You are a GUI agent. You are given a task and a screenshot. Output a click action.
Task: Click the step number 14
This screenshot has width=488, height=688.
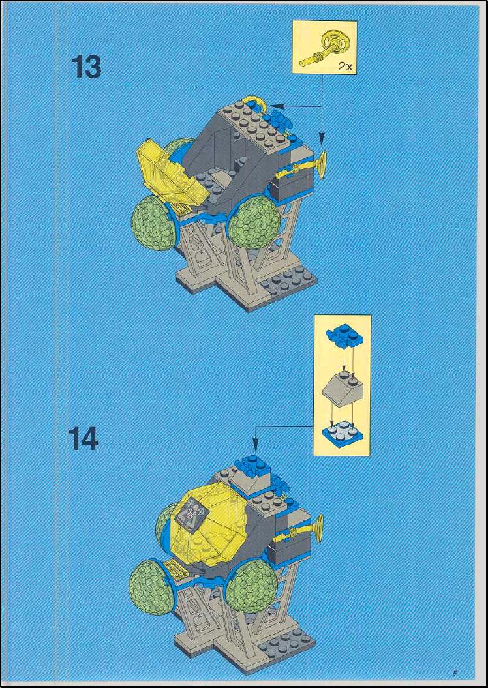click(x=84, y=440)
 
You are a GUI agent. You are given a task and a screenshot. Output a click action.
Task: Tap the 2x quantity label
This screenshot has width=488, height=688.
click(x=344, y=67)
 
